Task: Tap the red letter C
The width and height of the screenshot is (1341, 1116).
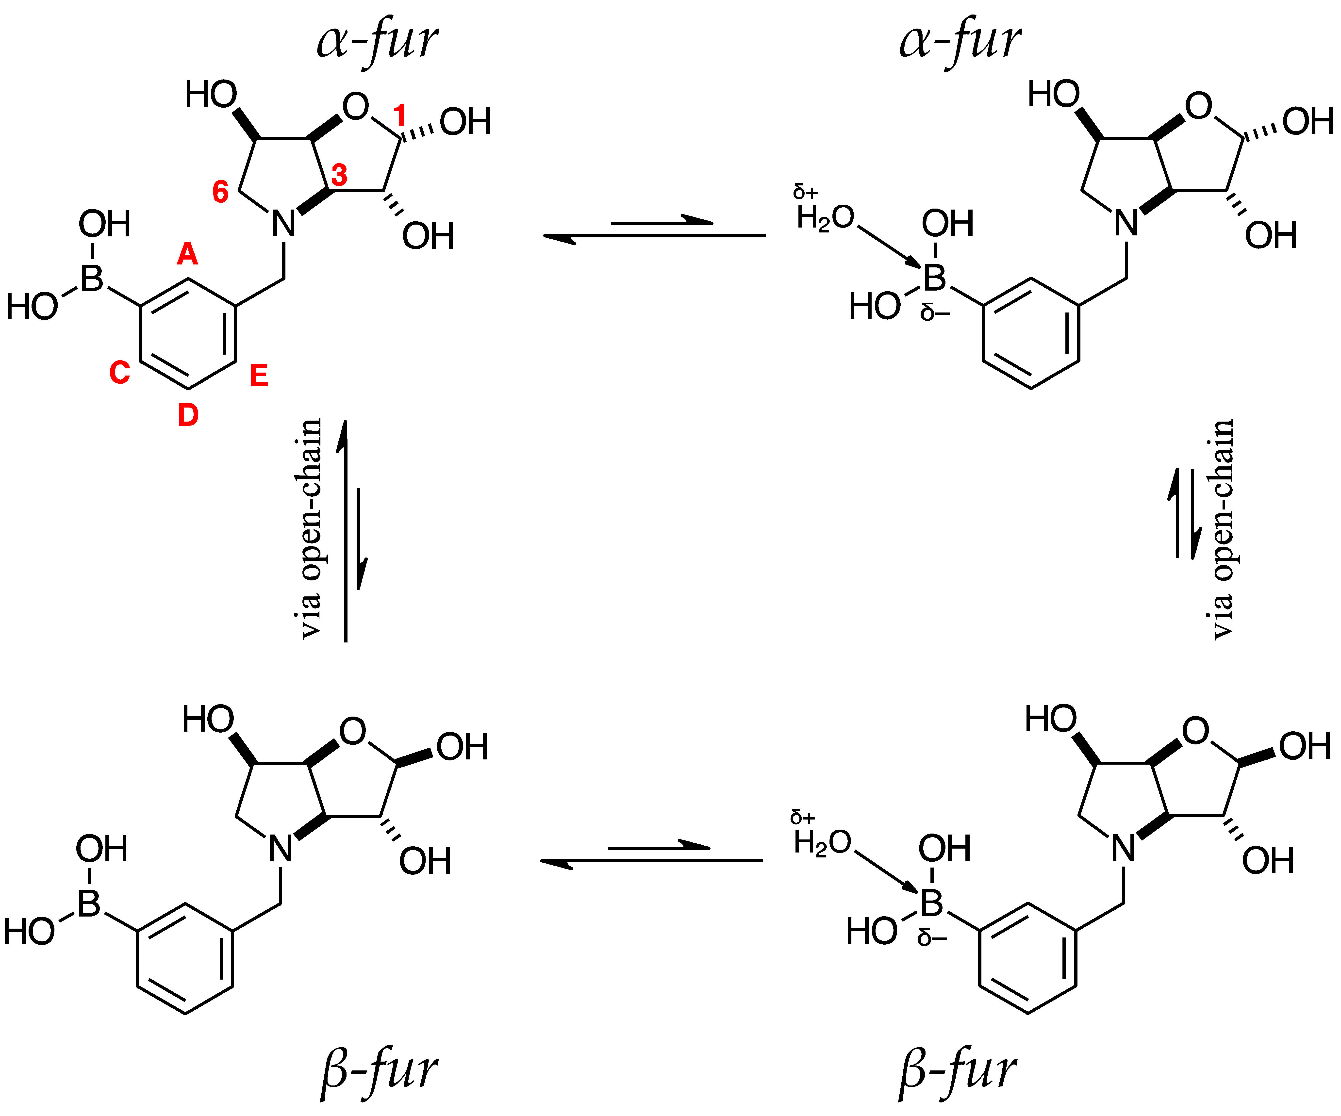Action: [x=119, y=372]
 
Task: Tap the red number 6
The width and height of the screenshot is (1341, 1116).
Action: [x=220, y=192]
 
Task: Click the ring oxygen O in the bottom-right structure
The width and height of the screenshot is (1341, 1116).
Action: [x=1195, y=731]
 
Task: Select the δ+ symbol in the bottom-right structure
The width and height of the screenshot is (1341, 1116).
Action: [x=803, y=817]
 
